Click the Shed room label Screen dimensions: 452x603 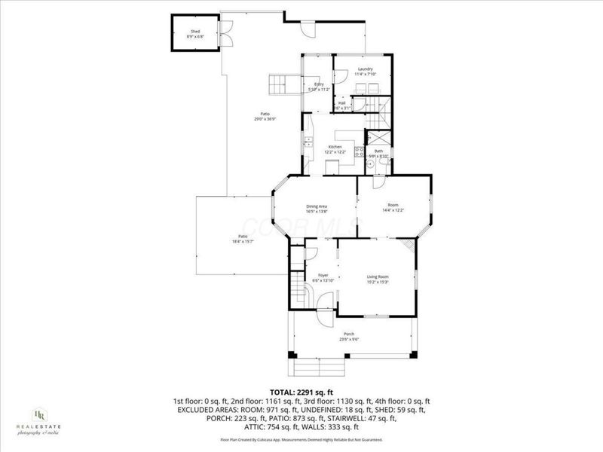tap(194, 34)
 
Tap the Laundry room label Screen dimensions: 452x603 tap(366, 72)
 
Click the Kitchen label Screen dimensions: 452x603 tap(335, 148)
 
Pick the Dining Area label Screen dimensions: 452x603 tap(316, 209)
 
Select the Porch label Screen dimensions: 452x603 tap(349, 336)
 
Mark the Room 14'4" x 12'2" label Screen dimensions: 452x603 tap(393, 207)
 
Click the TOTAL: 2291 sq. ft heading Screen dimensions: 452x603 tap(301, 392)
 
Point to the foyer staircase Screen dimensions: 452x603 tap(296, 290)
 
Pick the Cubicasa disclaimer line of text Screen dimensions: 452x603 tap(301, 439)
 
